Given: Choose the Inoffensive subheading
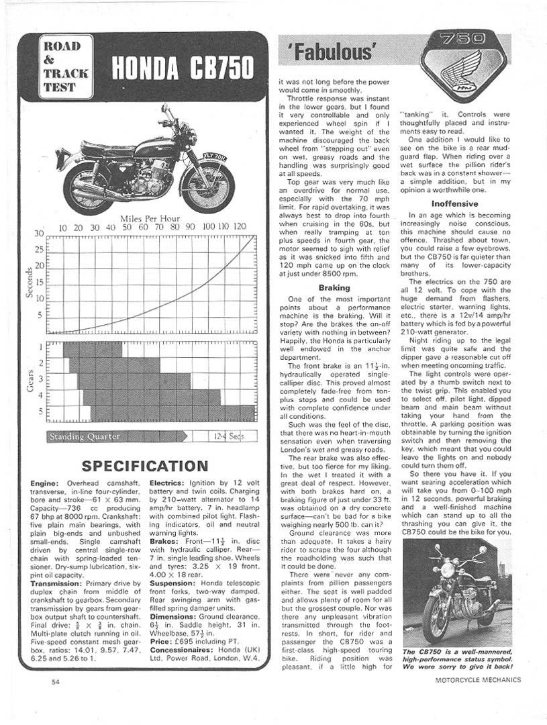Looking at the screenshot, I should [x=455, y=203].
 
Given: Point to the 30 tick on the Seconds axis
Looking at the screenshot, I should [x=39, y=234].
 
